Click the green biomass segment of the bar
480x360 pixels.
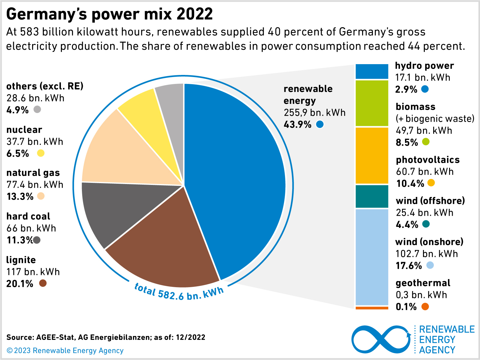pos(372,103)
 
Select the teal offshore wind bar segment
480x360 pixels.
pos(372,197)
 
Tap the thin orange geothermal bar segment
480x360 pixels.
pos(372,308)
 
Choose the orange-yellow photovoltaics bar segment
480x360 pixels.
pos(372,156)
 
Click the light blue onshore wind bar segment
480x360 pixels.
pos(372,257)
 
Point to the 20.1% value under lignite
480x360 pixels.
pos(20,284)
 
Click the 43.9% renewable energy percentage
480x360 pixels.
pos(298,124)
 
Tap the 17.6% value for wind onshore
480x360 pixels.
pos(409,266)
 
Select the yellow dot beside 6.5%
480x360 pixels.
pos(41,153)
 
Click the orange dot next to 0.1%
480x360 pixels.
pos(425,307)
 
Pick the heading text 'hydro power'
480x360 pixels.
pos(424,66)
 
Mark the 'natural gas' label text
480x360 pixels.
pos(33,173)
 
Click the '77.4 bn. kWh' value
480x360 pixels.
pos(35,185)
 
